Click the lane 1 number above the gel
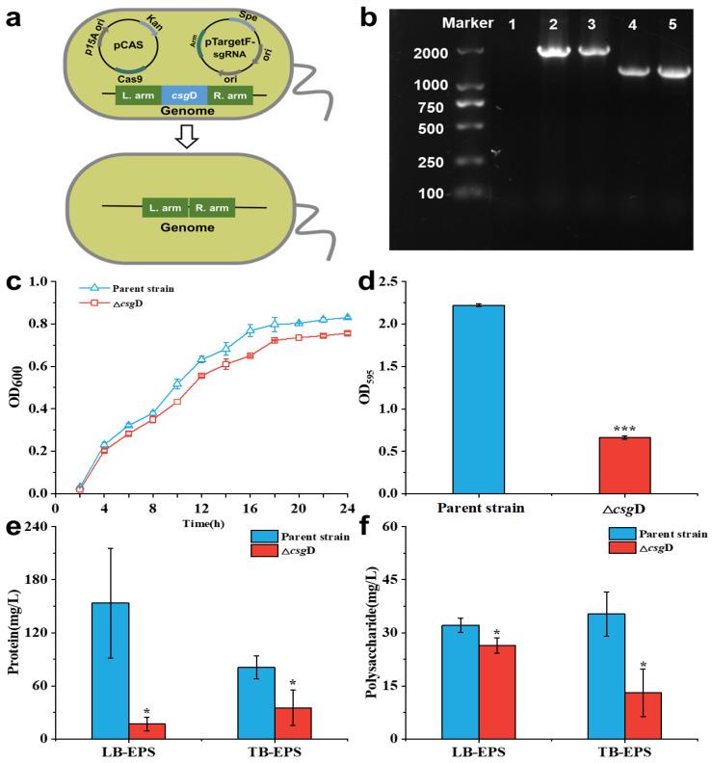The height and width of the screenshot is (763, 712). click(x=512, y=20)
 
